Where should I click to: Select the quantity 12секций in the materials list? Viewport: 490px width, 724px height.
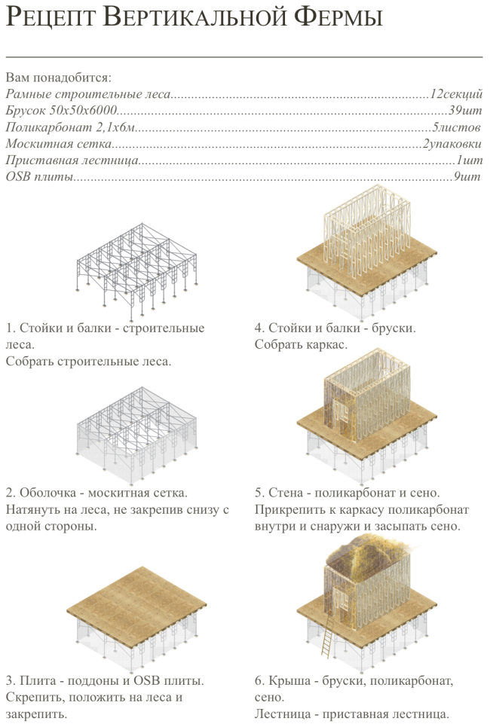(x=455, y=94)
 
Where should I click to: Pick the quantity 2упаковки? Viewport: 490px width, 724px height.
(x=452, y=144)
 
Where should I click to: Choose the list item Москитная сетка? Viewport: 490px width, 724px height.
(x=59, y=144)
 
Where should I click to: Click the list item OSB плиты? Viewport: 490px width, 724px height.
(x=40, y=177)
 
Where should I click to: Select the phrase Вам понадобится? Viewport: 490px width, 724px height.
(x=57, y=78)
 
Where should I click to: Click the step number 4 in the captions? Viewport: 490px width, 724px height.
(x=259, y=329)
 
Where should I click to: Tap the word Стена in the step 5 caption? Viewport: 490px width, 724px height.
(x=286, y=493)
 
